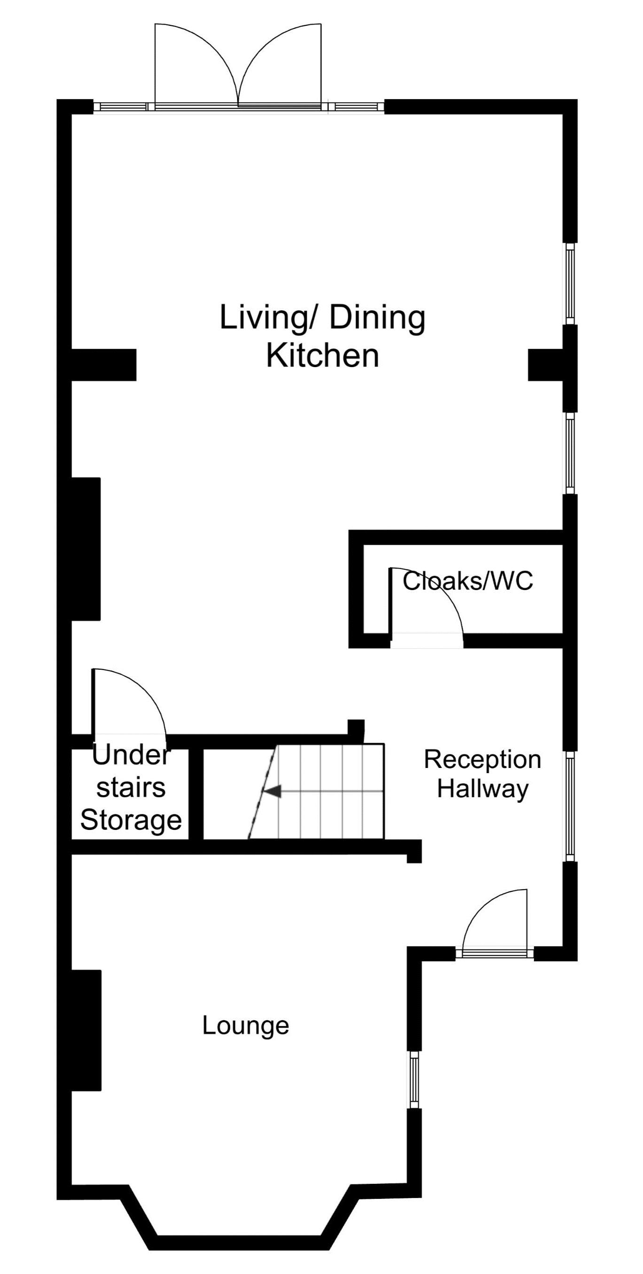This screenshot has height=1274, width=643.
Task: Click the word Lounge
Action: [246, 1026]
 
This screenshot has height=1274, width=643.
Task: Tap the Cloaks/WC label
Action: [468, 581]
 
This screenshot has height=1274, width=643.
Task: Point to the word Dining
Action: [377, 317]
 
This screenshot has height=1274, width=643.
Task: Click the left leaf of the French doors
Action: [196, 64]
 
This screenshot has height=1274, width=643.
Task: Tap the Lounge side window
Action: [414, 1086]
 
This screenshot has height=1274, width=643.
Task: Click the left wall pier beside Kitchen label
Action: [104, 365]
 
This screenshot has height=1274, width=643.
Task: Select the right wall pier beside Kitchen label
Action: [546, 365]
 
